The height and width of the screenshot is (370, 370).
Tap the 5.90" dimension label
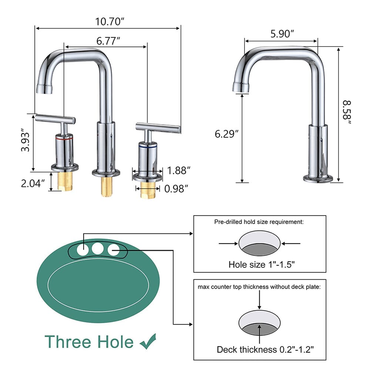coord(282,34)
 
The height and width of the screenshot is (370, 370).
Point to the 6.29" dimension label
coord(226,134)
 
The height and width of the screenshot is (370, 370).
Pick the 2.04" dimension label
coord(33,183)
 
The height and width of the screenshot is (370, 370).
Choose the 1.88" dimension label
coord(178,171)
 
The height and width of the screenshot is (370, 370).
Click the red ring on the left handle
coord(64,137)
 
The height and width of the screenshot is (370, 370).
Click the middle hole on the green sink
coord(98,249)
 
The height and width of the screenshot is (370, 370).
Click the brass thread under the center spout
coord(107,186)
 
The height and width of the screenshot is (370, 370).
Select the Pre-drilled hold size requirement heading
coord(259,222)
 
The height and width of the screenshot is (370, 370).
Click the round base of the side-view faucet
coord(318,179)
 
